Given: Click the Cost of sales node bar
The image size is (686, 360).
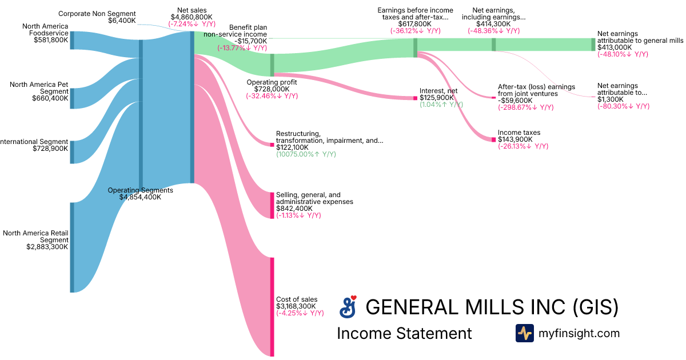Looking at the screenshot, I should tap(272, 307).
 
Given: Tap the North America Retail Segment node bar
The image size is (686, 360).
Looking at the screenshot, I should tap(72, 247).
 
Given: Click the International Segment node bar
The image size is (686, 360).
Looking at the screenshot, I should tap(72, 152).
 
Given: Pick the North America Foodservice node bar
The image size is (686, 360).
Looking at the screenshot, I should tap(72, 40).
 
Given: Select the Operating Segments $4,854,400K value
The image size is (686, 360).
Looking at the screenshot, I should tap(140, 197).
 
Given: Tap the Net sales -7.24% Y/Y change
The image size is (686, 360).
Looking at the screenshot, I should tap(192, 25).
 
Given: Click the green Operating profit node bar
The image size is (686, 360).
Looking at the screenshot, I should tap(272, 65).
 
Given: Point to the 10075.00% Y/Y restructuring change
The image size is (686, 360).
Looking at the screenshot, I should tap(306, 154).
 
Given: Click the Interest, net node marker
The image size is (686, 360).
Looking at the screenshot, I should tap(415, 98).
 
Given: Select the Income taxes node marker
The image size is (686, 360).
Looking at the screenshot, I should tap(493, 139).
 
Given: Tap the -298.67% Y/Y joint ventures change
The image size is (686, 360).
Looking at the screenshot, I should tap(526, 107).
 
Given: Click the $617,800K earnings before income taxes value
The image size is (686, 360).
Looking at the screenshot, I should tap(415, 24).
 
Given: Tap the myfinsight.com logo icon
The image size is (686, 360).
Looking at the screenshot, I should tap(524, 333).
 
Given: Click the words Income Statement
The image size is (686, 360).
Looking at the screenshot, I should tap(404, 333).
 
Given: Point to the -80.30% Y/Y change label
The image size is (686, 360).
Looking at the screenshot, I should tap(623, 106).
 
